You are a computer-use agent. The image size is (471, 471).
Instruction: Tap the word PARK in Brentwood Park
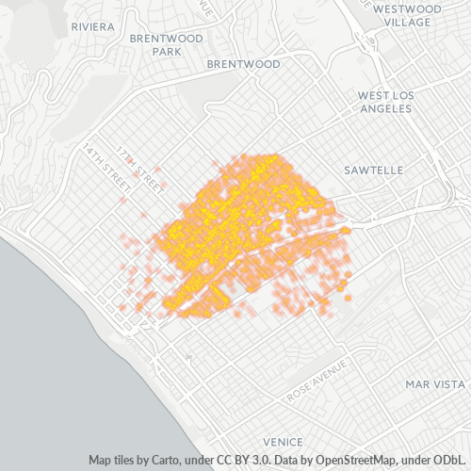(x=167, y=52)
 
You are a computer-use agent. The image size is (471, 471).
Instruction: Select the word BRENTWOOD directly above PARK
(x=167, y=39)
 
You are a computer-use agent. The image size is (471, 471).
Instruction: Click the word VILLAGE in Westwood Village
(x=407, y=22)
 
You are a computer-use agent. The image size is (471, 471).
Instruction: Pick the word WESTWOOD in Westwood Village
(x=407, y=8)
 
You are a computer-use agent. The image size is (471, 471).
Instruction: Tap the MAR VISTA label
(x=435, y=384)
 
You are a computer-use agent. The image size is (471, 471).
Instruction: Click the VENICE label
(x=283, y=442)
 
